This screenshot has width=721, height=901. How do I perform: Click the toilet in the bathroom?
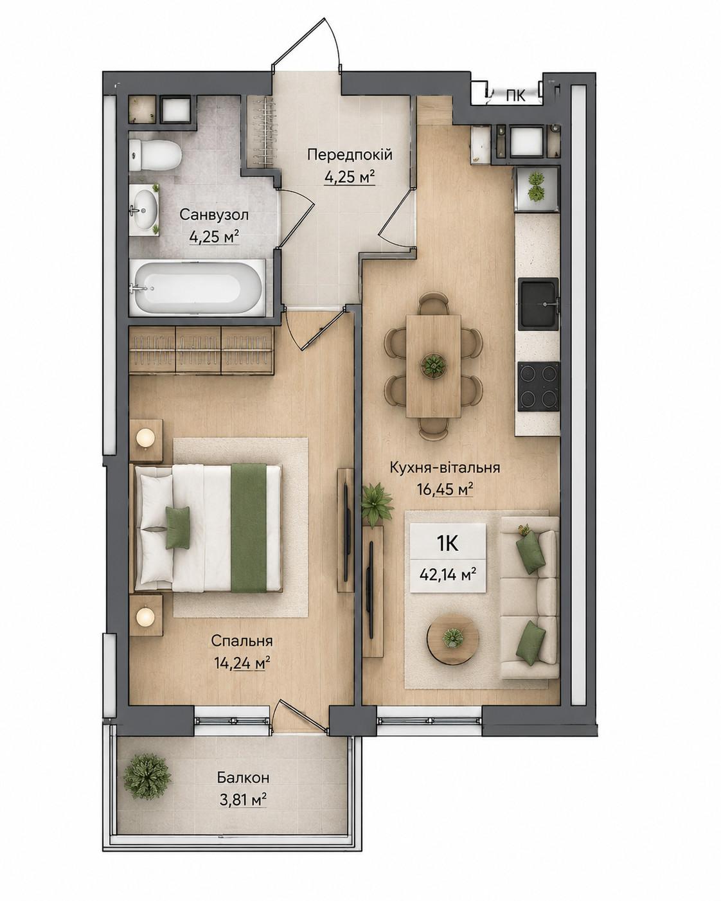point(154,156)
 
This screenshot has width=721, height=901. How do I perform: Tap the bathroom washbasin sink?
point(145,209)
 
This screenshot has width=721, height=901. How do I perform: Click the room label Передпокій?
point(350,154)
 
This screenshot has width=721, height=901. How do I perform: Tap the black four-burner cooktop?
point(539,386)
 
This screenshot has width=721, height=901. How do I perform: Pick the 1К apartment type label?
point(448,544)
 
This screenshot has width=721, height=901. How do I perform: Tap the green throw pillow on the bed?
point(178,527)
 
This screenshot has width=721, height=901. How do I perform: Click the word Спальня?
point(242,641)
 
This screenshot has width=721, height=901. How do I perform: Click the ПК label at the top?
point(515,96)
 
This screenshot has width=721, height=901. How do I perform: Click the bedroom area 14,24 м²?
point(242,663)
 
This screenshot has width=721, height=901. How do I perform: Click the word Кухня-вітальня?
point(445,467)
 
